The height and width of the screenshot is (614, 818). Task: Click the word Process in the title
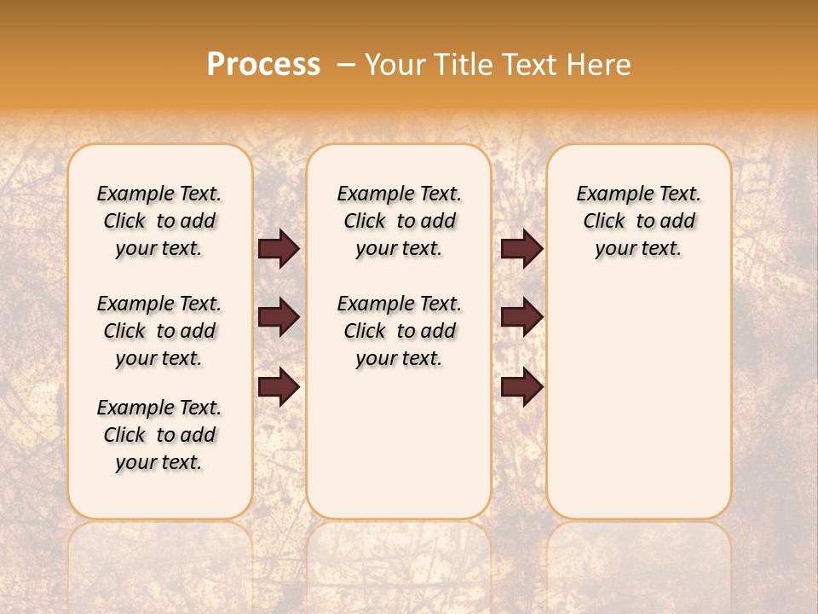(263, 65)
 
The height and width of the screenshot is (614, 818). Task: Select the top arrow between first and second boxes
(279, 249)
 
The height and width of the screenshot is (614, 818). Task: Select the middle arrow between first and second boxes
(279, 317)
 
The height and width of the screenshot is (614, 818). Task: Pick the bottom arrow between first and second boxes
(279, 388)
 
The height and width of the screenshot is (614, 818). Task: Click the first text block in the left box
(159, 221)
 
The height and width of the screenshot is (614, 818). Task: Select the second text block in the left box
(159, 331)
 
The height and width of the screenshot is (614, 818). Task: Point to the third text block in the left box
(159, 435)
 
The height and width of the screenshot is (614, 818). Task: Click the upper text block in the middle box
(399, 221)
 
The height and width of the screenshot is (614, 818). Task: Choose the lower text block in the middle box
(399, 331)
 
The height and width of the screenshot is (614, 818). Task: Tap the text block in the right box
(638, 221)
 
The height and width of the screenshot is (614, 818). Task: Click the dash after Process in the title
(345, 65)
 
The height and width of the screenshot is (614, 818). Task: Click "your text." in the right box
(638, 249)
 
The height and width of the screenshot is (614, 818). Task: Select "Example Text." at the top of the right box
(638, 194)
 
